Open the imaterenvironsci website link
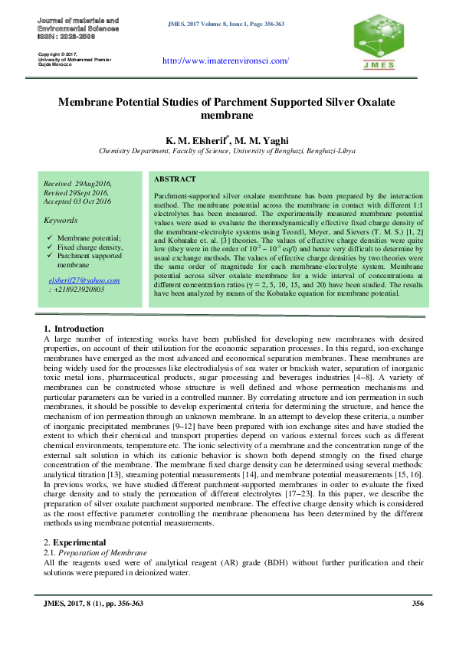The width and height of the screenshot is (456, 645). pyautogui.click(x=226, y=61)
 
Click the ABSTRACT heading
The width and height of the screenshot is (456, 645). pyautogui.click(x=176, y=178)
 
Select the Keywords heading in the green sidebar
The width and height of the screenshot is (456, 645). pyautogui.click(x=61, y=220)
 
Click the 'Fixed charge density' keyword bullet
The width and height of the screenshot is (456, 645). pyautogui.click(x=90, y=247)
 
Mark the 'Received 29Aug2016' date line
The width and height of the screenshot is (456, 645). pyautogui.click(x=77, y=184)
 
